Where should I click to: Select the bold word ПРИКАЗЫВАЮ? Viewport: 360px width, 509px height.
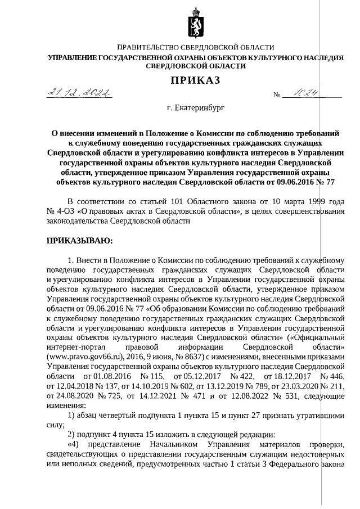(79, 241)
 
